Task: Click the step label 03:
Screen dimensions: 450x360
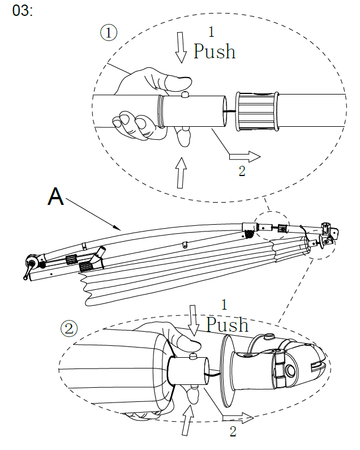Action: tap(22, 12)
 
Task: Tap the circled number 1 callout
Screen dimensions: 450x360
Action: tap(109, 32)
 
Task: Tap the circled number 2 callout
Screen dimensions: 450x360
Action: tap(68, 328)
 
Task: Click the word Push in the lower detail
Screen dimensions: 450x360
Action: tap(227, 324)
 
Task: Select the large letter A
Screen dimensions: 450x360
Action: tap(56, 196)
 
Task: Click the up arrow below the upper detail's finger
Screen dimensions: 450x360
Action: tap(181, 172)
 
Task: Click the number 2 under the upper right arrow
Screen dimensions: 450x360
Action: tap(242, 172)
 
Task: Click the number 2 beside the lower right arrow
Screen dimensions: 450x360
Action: tap(233, 432)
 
